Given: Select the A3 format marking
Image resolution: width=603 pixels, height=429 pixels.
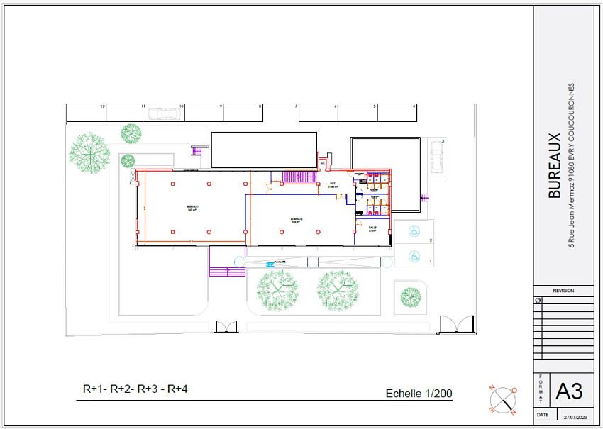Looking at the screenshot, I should pyautogui.click(x=569, y=391).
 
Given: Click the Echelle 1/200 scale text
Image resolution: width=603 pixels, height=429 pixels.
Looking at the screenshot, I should pyautogui.click(x=419, y=393).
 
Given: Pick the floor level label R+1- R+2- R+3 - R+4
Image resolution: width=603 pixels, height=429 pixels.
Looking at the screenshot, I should pyautogui.click(x=135, y=389).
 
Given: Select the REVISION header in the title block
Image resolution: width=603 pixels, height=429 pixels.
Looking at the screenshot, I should pyautogui.click(x=563, y=291).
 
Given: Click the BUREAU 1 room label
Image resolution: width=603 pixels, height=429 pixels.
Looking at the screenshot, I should pyautogui.click(x=192, y=208).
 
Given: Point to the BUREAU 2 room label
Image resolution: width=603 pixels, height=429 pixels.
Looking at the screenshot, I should pyautogui.click(x=297, y=219).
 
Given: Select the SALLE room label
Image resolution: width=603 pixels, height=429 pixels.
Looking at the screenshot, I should pyautogui.click(x=372, y=228).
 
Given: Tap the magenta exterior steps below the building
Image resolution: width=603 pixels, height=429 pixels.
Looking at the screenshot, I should pyautogui.click(x=226, y=270).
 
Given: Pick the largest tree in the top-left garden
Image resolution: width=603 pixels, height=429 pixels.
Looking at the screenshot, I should pyautogui.click(x=89, y=151).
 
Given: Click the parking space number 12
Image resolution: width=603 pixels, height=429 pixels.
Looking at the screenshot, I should pyautogui.click(x=103, y=106).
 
